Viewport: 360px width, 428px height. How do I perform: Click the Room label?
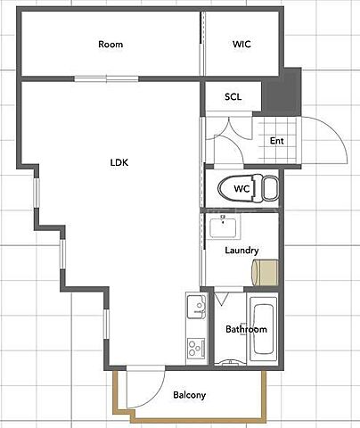pyautogui.click(x=110, y=45)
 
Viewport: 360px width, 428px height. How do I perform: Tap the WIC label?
pyautogui.click(x=241, y=44)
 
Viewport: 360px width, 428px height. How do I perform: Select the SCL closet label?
pyautogui.click(x=233, y=96)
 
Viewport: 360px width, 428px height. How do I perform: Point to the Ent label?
pyautogui.click(x=277, y=140)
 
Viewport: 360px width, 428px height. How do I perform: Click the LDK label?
pyautogui.click(x=119, y=162)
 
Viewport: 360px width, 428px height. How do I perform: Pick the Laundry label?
pyautogui.click(x=241, y=251)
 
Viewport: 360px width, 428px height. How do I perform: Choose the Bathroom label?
pyautogui.click(x=246, y=329)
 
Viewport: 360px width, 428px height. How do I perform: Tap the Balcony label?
pyautogui.click(x=190, y=395)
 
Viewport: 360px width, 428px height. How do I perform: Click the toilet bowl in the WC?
pyautogui.click(x=236, y=188)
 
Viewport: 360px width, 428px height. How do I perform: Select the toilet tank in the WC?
pyautogui.click(x=271, y=188)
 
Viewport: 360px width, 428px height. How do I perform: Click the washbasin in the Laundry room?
pyautogui.click(x=223, y=227)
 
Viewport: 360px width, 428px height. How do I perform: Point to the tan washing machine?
pyautogui.click(x=266, y=273)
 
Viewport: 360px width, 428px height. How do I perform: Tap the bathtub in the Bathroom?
pyautogui.click(x=264, y=329)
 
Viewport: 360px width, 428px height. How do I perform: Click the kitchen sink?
pyautogui.click(x=196, y=306)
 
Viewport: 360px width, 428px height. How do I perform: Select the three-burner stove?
pyautogui.click(x=196, y=348)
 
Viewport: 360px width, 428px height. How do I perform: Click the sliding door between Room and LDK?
pyautogui.click(x=106, y=78)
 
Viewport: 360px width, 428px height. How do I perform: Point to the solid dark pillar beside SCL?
pyautogui.click(x=282, y=92)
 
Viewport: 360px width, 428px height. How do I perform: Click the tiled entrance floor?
pyautogui.click(x=276, y=140)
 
